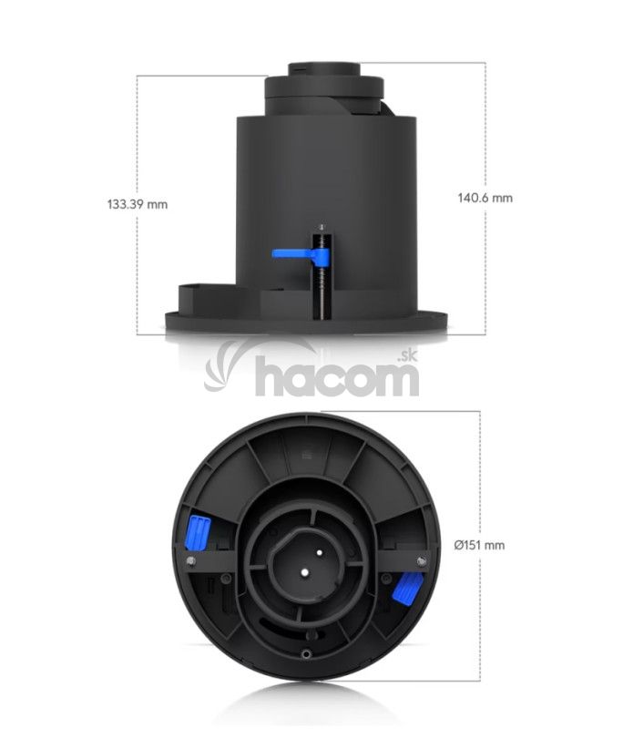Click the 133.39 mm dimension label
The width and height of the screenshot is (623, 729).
pyautogui.click(x=138, y=204)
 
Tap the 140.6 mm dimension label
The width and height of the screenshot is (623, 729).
pyautogui.click(x=485, y=198)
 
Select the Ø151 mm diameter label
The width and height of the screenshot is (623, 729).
pyautogui.click(x=479, y=545)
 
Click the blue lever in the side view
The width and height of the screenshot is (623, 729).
pyautogui.click(x=301, y=254)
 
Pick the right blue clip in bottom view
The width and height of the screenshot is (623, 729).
pyautogui.click(x=408, y=588)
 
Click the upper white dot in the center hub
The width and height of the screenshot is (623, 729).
pyautogui.click(x=320, y=553)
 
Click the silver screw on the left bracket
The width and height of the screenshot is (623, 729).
pyautogui.click(x=190, y=560)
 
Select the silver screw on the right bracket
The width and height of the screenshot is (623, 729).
pyautogui.click(x=422, y=561)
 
